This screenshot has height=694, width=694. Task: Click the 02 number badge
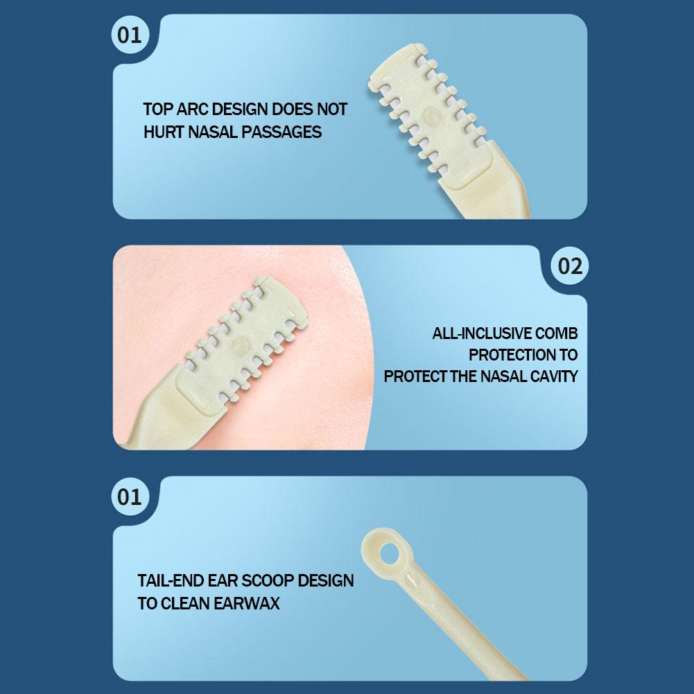point(570,266)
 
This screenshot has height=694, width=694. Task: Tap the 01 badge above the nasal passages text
point(130,35)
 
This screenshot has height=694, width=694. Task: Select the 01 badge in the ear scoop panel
point(130,496)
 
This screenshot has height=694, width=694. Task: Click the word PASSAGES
point(281,132)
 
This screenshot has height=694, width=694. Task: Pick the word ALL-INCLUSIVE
point(481,333)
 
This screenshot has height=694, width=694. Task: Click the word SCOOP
point(268,581)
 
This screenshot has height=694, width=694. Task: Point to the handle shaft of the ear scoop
point(465,624)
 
